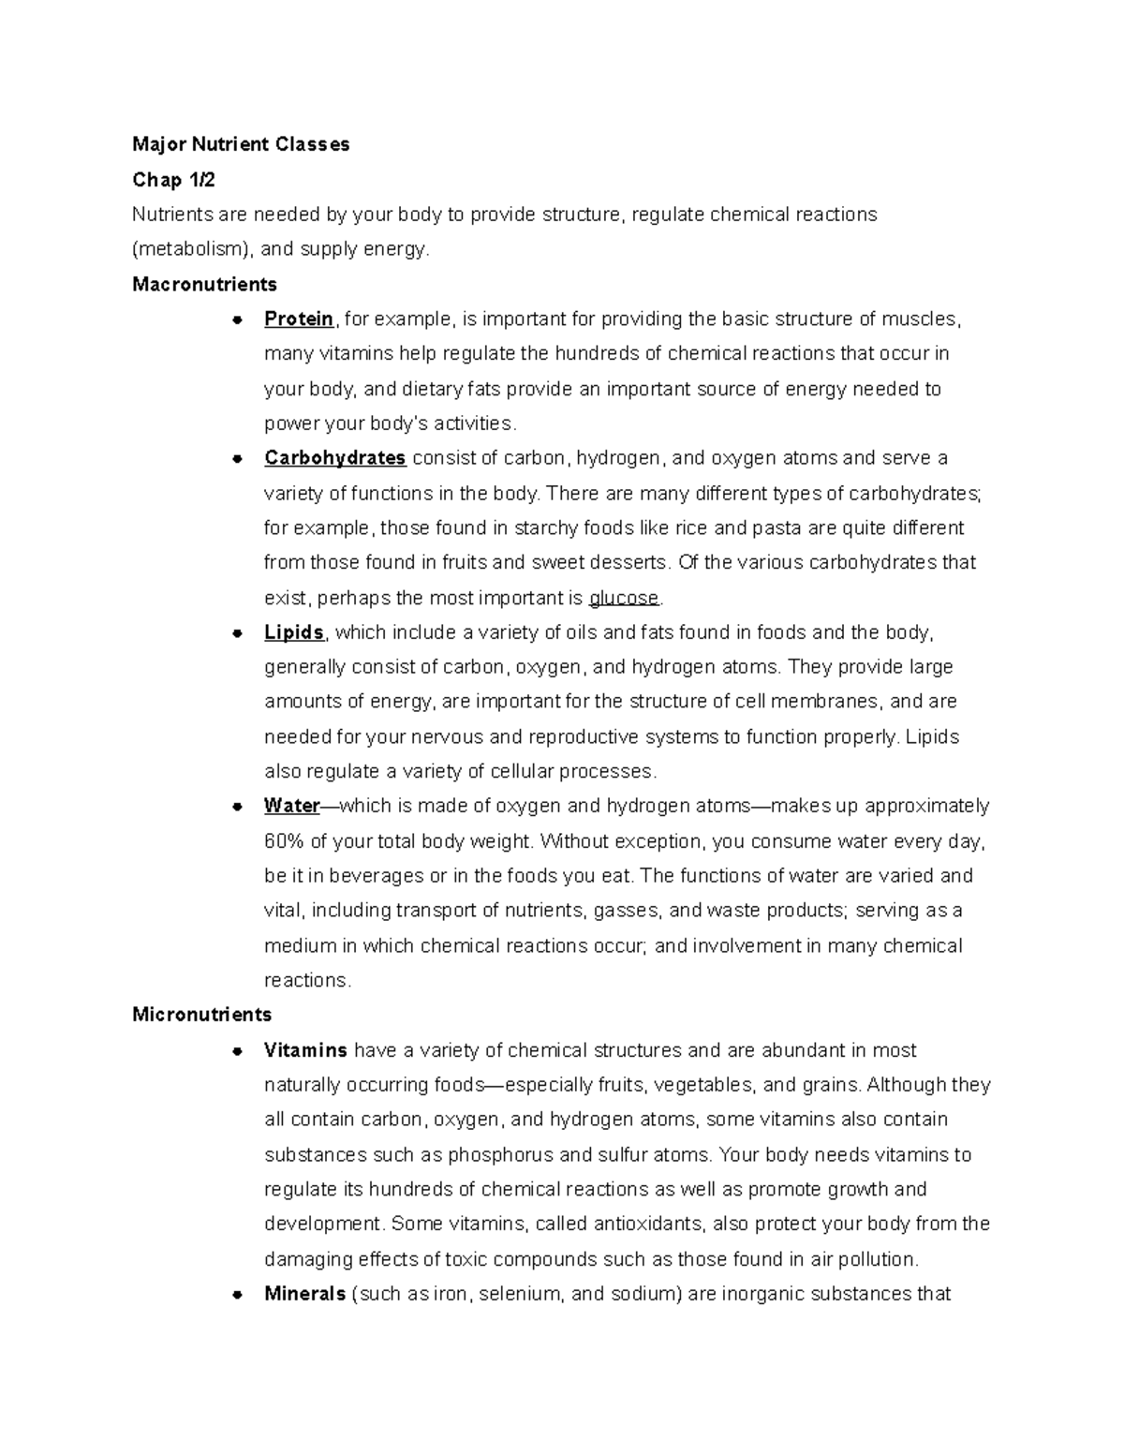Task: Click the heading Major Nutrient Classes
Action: click(241, 144)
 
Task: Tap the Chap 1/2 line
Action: click(173, 179)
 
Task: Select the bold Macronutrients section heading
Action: click(204, 284)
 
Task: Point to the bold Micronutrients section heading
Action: click(202, 1015)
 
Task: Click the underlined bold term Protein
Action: click(299, 319)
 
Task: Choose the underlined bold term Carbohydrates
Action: click(334, 458)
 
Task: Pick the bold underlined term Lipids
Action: click(294, 632)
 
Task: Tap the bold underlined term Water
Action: click(292, 806)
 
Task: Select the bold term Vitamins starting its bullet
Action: click(305, 1050)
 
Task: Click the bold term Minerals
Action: click(305, 1294)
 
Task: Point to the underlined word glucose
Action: click(624, 598)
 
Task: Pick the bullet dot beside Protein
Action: click(238, 320)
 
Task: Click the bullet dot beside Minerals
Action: click(238, 1295)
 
